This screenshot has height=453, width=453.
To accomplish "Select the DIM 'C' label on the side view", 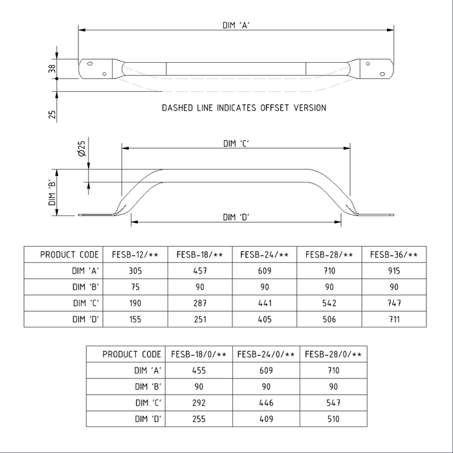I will pos(237,144).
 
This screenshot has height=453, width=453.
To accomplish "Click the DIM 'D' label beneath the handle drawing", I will pos(237,217).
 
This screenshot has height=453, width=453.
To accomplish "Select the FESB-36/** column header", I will pos(394,255).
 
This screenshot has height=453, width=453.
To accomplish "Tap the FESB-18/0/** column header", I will pos(199,354).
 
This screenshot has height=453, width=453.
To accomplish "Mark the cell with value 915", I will pos(394,271).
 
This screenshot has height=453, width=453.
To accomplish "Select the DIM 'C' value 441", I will pos(265,304).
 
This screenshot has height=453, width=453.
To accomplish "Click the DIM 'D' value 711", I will pos(394,320).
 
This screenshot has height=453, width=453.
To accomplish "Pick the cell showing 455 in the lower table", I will pos(199,370).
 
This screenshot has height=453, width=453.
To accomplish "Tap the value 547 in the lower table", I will pos(333,403).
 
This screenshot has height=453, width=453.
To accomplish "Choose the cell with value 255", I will pos(199,419).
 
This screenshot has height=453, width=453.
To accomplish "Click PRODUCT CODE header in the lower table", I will pos(131,354).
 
